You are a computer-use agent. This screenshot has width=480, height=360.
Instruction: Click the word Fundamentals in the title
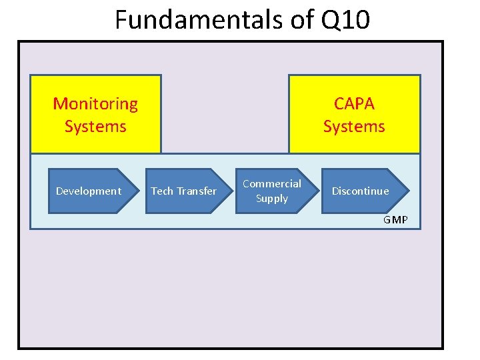click(197, 20)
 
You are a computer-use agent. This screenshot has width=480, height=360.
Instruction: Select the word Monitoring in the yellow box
click(95, 104)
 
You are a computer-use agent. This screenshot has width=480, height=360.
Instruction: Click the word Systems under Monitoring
click(95, 126)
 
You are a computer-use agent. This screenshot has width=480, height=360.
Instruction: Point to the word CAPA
click(354, 104)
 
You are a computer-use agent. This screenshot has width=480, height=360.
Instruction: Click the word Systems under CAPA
click(354, 126)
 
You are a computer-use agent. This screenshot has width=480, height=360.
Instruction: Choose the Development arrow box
click(89, 191)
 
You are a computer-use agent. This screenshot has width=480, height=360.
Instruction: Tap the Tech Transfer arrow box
click(183, 191)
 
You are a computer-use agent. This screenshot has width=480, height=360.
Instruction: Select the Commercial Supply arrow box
click(272, 191)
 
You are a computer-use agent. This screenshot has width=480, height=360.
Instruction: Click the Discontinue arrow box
click(361, 191)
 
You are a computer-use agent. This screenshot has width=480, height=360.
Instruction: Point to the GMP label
click(395, 220)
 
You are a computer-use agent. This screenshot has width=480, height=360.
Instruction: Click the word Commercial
click(272, 183)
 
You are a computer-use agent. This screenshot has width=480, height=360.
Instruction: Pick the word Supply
click(272, 199)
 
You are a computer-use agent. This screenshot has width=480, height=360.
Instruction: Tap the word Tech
click(162, 191)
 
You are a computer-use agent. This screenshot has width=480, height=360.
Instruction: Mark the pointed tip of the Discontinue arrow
click(408, 191)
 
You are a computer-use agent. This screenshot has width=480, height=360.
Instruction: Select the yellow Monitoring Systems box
click(95, 114)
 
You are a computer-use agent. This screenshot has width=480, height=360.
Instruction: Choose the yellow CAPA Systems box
click(354, 114)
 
